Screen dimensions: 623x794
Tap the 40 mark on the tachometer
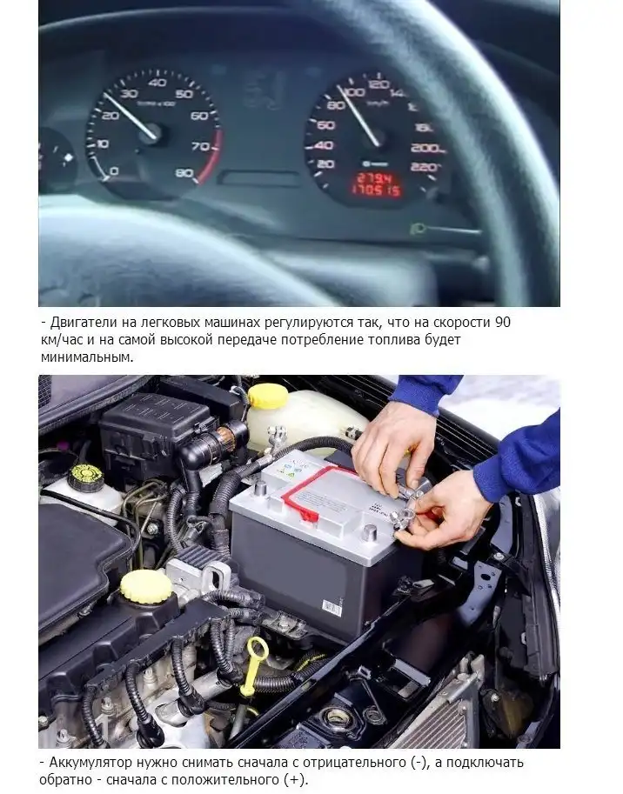coord(157,83)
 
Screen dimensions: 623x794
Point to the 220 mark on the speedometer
coord(425,167)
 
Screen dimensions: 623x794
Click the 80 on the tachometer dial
coord(184,173)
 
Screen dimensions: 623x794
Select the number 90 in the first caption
coord(502,322)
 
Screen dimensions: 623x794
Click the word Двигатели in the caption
coord(82,323)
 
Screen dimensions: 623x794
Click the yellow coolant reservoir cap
coord(268,396)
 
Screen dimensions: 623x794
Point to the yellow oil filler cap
coord(146,587)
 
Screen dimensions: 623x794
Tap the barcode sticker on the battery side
coord(332,606)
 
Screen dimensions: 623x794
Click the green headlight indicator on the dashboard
coord(418,229)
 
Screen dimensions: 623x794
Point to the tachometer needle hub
coord(152,134)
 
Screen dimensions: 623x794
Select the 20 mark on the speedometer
coord(325,164)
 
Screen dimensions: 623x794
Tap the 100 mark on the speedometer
coord(353,91)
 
